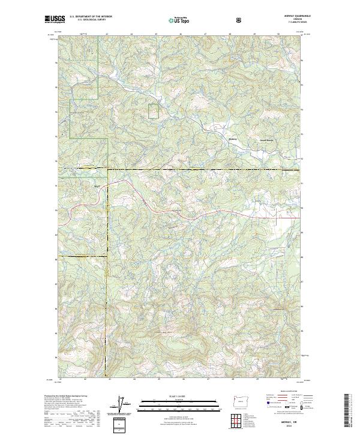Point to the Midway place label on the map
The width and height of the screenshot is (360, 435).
tap(234, 140)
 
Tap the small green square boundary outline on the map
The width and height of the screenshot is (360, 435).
tap(154, 112)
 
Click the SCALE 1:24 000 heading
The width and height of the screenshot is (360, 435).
tap(179, 394)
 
